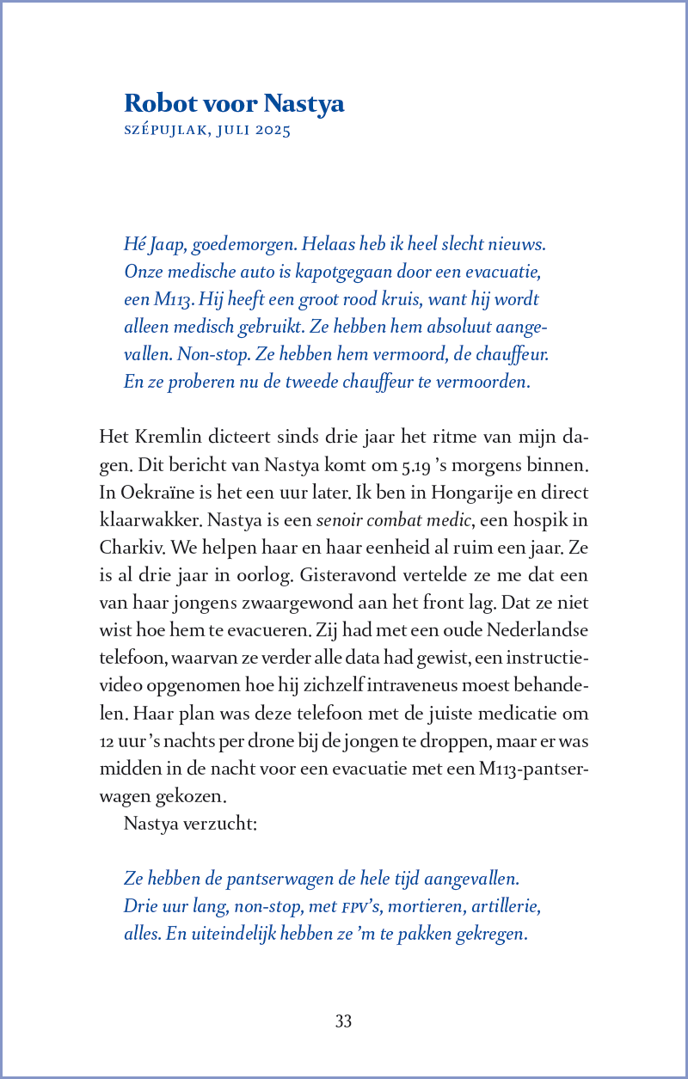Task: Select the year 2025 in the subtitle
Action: pyautogui.click(x=272, y=132)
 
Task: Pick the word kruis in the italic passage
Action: pyautogui.click(x=345, y=300)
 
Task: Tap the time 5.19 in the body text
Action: pyautogui.click(x=416, y=465)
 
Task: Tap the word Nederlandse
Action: pyautogui.click(x=537, y=630)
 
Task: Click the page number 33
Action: pyautogui.click(x=344, y=1021)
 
